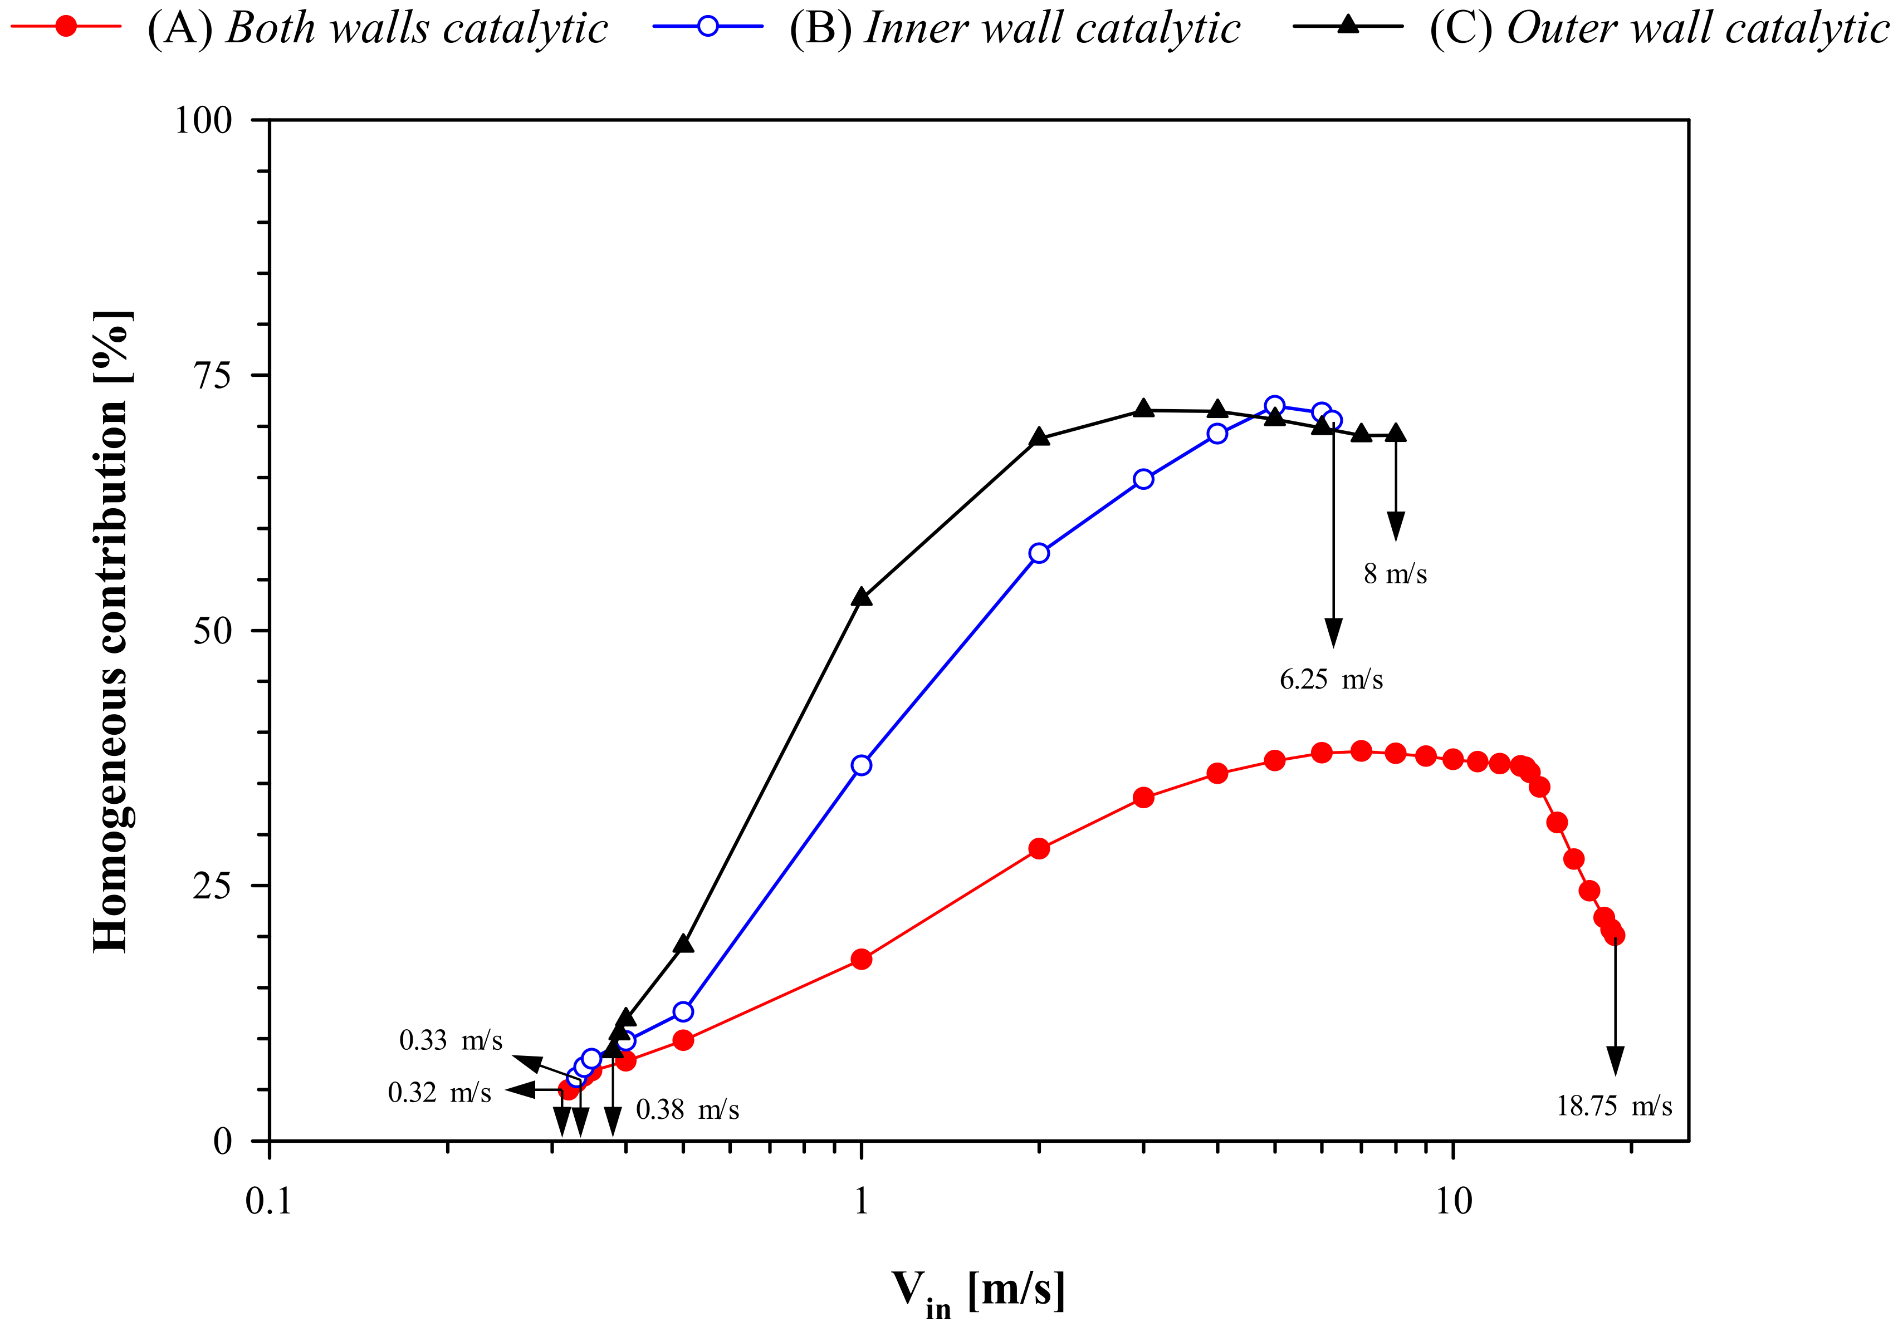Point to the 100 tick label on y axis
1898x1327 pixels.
coord(203,121)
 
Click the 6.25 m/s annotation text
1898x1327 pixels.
coord(1331,679)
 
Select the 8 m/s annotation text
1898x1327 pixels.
coord(1396,573)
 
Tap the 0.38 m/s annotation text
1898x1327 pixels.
coord(687,1109)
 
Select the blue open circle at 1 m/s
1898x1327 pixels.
coord(862,765)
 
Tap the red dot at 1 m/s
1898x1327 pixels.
coord(862,959)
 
